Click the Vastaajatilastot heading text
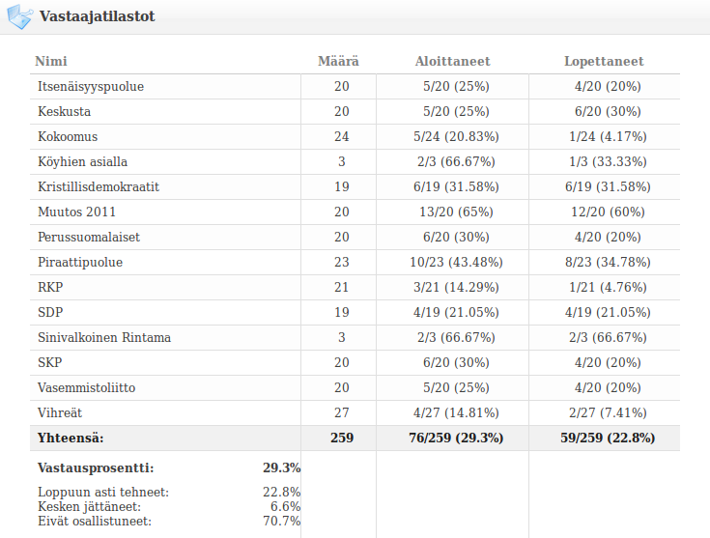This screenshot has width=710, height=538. pyautogui.click(x=97, y=16)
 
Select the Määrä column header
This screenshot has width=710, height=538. pyautogui.click(x=338, y=62)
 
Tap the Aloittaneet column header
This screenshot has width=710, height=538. pyautogui.click(x=452, y=62)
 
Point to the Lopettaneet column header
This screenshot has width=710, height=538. pyautogui.click(x=604, y=62)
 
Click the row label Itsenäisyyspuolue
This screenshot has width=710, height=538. pyautogui.click(x=91, y=87)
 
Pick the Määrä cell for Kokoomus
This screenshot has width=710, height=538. pyautogui.click(x=341, y=137)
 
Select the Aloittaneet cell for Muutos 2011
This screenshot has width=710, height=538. pyautogui.click(x=453, y=212)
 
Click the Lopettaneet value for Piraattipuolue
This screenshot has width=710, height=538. pyautogui.click(x=605, y=263)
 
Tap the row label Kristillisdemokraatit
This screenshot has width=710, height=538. pyautogui.click(x=99, y=187)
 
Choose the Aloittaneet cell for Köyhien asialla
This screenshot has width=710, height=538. pyautogui.click(x=453, y=162)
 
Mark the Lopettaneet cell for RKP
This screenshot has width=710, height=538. pyautogui.click(x=605, y=288)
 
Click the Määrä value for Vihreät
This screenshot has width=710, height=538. pyautogui.click(x=341, y=413)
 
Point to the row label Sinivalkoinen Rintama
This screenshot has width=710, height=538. pyautogui.click(x=104, y=338)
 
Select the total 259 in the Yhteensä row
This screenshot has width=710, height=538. pyautogui.click(x=341, y=439)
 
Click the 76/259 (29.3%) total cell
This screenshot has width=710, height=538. pyautogui.click(x=453, y=439)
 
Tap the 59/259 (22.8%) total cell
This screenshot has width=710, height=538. pyautogui.click(x=605, y=439)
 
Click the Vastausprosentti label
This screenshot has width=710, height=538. pyautogui.click(x=95, y=467)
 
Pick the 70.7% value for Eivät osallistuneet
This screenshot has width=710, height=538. pyautogui.click(x=282, y=522)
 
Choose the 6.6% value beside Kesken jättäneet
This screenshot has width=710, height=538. pyautogui.click(x=286, y=507)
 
